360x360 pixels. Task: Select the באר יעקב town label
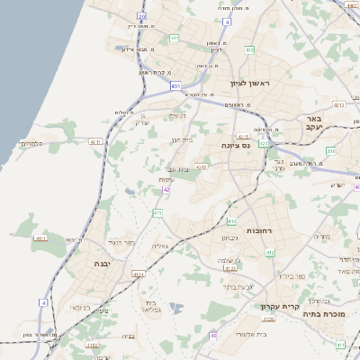(x=314, y=124)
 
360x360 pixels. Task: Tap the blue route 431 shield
(x=173, y=85)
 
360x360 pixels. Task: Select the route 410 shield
(x=231, y=221)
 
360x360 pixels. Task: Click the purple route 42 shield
(x=166, y=189)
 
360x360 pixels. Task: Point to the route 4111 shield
(x=40, y=238)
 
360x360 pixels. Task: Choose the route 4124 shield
(x=138, y=274)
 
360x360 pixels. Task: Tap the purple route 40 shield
(x=213, y=335)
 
